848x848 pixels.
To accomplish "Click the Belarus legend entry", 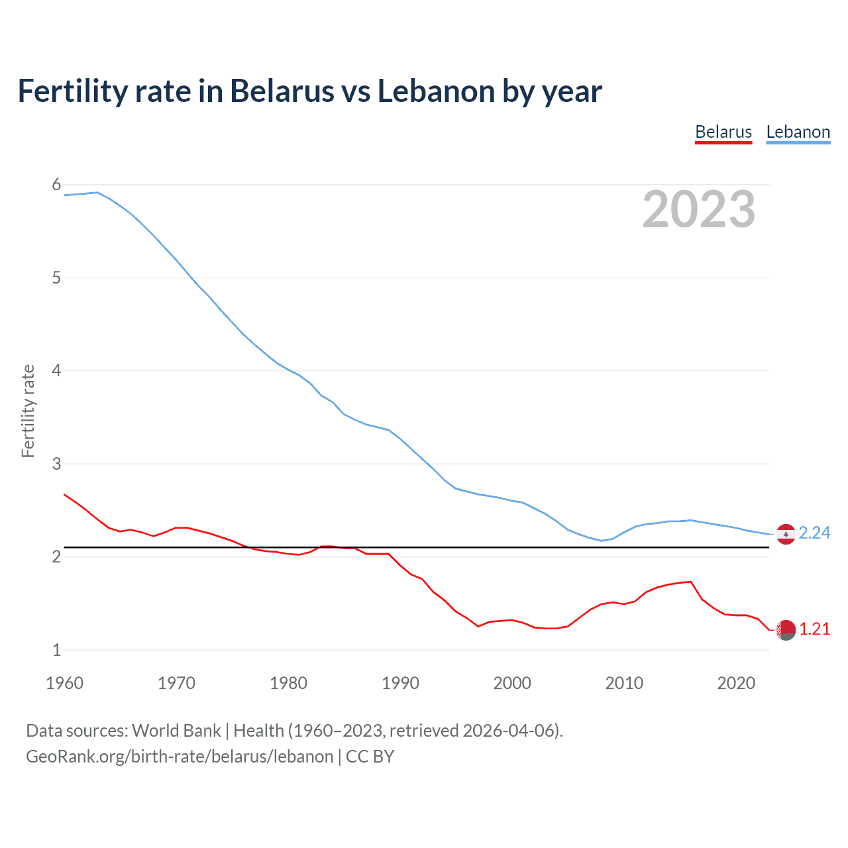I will (x=723, y=132).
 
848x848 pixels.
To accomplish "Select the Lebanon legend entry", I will (x=798, y=132).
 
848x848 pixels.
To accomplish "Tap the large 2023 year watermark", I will (x=698, y=209).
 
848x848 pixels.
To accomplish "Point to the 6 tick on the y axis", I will (x=56, y=185).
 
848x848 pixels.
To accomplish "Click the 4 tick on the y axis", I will (x=56, y=370).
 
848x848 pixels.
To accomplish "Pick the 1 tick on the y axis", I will (x=56, y=650).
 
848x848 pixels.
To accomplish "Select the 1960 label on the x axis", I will (x=64, y=683).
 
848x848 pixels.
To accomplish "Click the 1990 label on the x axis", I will (x=400, y=683).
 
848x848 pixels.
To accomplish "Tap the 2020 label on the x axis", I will (x=736, y=683).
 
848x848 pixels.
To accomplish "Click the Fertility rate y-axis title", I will (x=28, y=411).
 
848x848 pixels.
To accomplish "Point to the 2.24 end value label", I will (x=814, y=533).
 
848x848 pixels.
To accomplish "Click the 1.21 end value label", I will (x=814, y=629).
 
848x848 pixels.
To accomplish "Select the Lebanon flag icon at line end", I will (x=786, y=533).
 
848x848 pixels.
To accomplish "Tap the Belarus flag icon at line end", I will (x=786, y=630).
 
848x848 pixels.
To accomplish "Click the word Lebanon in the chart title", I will (x=437, y=91).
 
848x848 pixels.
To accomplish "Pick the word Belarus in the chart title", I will (x=282, y=91).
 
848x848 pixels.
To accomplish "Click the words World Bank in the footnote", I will (x=176, y=730).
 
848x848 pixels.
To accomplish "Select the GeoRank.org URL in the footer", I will (x=180, y=756).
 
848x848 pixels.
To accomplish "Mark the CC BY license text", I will (x=370, y=756).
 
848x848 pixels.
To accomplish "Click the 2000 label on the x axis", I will (x=512, y=683).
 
